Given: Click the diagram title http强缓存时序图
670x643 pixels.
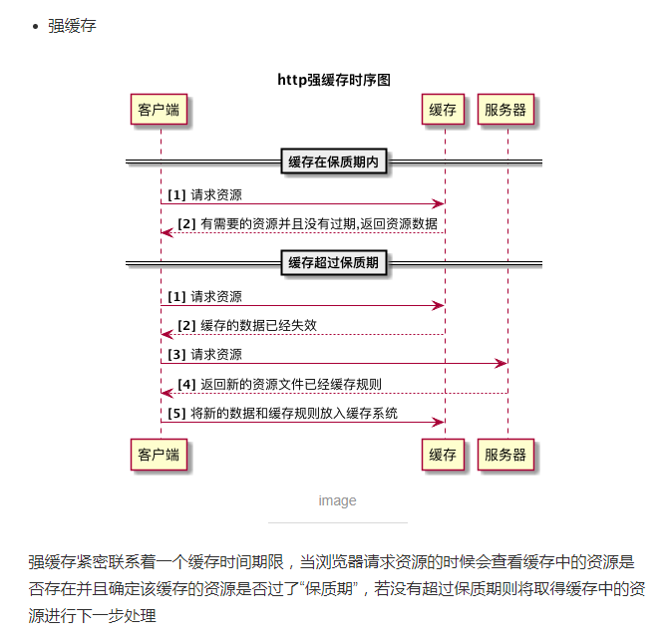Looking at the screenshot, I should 334,79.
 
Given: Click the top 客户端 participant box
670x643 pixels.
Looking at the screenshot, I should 160,110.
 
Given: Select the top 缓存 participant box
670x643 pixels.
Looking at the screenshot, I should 443,110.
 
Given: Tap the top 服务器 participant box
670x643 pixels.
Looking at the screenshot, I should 505,110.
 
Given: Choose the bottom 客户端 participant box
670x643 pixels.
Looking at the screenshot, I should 160,455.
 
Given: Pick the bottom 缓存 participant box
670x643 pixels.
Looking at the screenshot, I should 443,455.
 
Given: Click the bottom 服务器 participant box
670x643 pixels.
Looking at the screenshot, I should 505,455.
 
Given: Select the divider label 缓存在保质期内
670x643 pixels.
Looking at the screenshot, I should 333,161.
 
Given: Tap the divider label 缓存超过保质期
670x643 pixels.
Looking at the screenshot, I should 333,263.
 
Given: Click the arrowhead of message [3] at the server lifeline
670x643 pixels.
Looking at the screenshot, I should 502,363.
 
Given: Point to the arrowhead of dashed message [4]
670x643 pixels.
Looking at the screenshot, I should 167,393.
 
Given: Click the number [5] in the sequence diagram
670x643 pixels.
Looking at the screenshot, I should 176,413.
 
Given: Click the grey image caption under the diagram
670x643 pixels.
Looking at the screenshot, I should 337,500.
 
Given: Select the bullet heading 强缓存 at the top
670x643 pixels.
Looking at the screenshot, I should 72,25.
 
